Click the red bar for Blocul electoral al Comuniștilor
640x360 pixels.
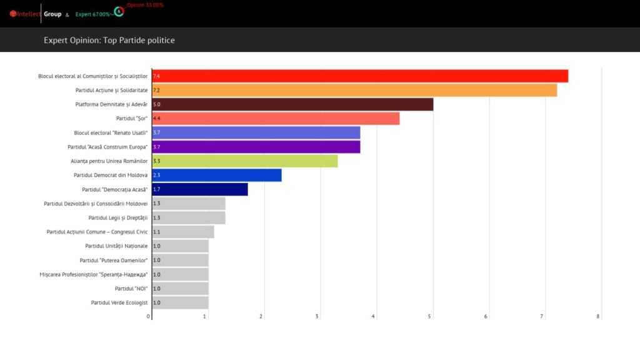[x=360, y=76]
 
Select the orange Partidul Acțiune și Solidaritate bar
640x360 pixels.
[x=354, y=90]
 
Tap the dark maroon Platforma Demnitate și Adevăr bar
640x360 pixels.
[x=292, y=104]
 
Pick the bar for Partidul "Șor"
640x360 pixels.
[x=276, y=119]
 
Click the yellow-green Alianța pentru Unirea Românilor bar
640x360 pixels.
[x=245, y=161]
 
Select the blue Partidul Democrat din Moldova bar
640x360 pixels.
[x=217, y=176]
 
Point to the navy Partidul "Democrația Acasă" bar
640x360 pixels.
[x=200, y=189]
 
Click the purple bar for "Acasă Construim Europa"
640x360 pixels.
[x=256, y=147]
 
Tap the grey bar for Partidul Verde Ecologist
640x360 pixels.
[x=180, y=302]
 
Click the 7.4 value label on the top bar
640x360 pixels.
[x=156, y=76]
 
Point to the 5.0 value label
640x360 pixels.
[x=156, y=104]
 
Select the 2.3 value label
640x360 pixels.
[x=156, y=176]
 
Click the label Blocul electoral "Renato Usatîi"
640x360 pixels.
[x=111, y=133]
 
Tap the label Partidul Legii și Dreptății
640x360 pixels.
[x=118, y=217]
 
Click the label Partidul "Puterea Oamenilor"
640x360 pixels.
[x=114, y=260]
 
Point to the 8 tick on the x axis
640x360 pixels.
[x=598, y=316]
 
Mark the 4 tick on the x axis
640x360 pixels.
[x=373, y=316]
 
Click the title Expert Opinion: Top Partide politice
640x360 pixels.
[x=109, y=41]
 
